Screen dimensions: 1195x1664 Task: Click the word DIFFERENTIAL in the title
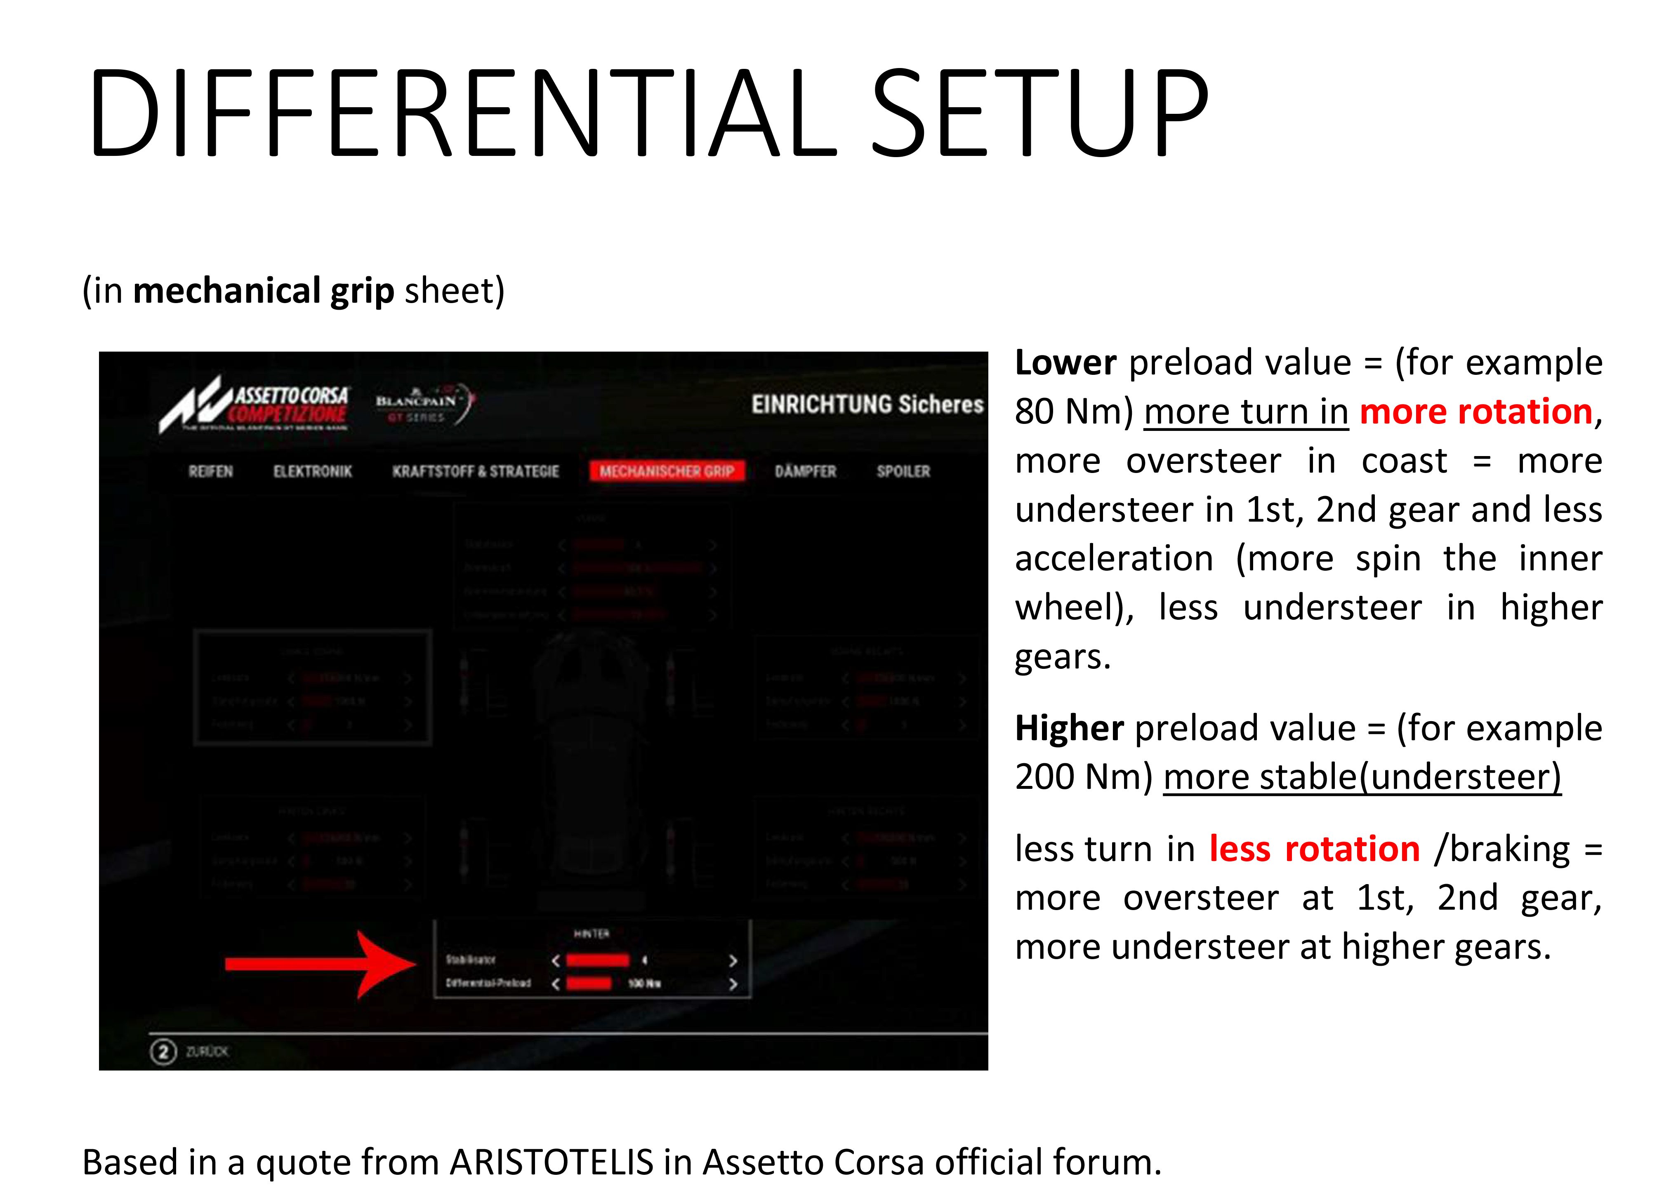(462, 114)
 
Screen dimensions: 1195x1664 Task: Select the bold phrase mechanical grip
(264, 290)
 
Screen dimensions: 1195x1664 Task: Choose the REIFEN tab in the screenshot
(210, 471)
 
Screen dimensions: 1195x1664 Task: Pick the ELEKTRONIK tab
(313, 471)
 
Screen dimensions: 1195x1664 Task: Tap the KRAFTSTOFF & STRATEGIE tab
(476, 471)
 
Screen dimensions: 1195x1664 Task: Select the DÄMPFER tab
(806, 471)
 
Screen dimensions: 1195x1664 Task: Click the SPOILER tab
(903, 471)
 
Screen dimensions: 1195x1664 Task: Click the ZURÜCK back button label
(207, 1051)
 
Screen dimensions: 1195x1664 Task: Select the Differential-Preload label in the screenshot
(488, 983)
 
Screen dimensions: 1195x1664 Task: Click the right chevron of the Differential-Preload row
(732, 984)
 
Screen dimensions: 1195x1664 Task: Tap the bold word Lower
(1065, 362)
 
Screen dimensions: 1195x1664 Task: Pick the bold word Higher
(1069, 728)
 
